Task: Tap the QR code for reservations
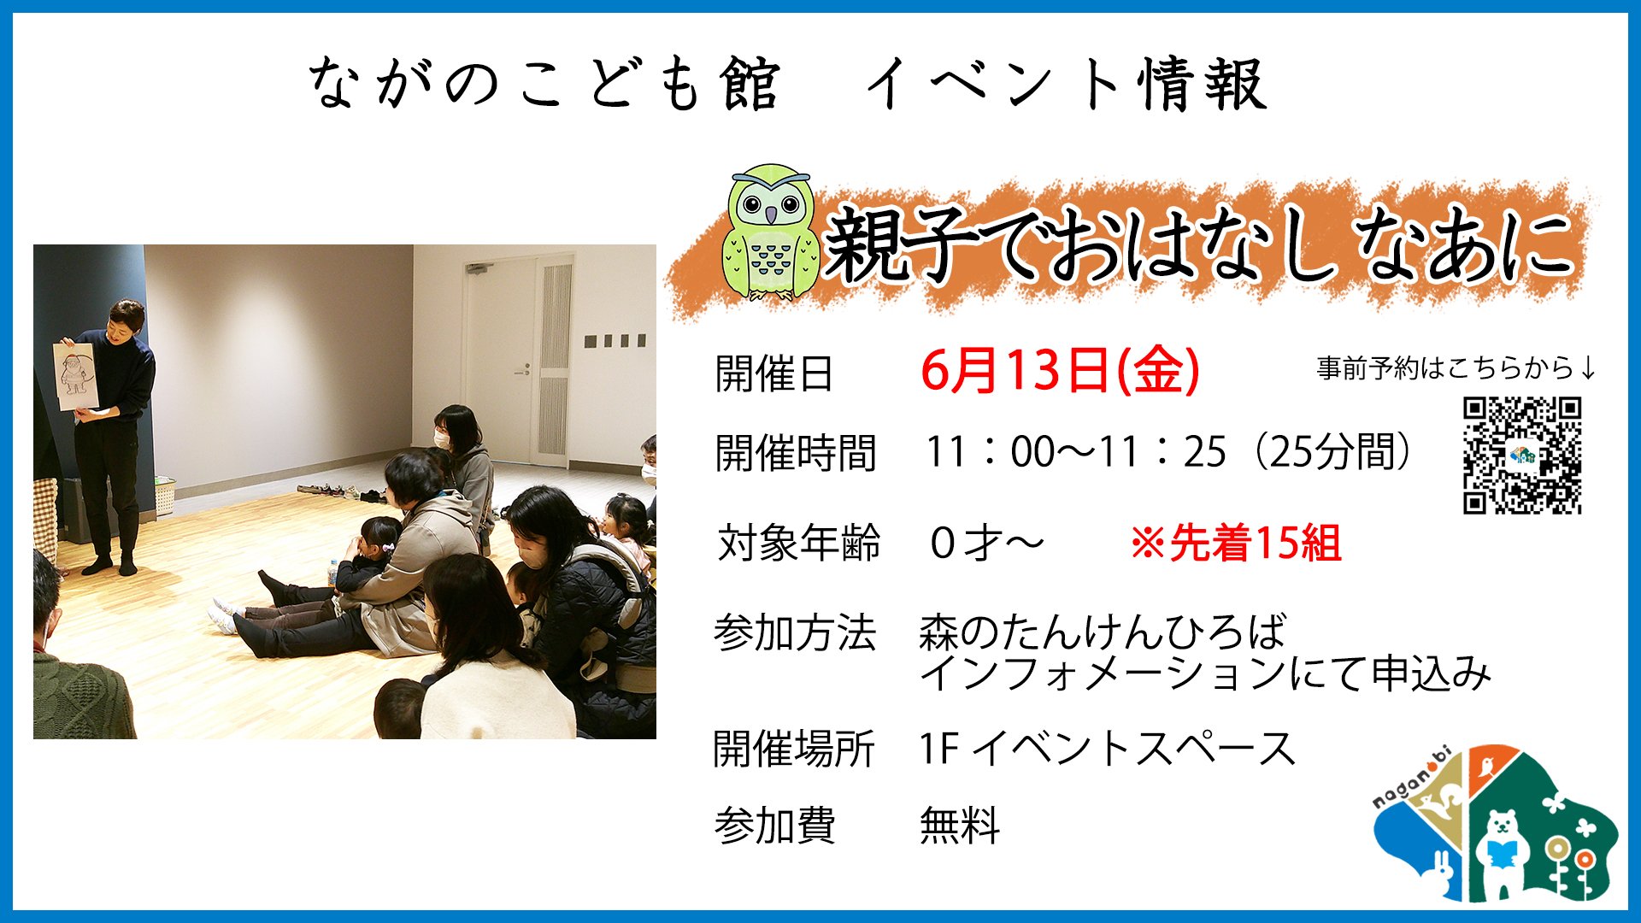click(1522, 456)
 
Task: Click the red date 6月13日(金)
click(1060, 372)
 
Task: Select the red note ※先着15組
click(1236, 543)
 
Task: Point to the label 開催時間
click(796, 453)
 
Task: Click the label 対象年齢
click(798, 543)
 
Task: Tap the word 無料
click(960, 826)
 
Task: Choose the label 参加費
click(775, 826)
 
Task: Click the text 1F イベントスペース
click(1108, 748)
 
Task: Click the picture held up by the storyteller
click(75, 376)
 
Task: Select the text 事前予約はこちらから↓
click(1456, 368)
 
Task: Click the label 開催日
click(774, 373)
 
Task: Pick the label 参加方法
click(795, 633)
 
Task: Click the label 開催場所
click(794, 749)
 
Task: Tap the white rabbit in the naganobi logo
click(1443, 873)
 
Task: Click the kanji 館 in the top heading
click(750, 84)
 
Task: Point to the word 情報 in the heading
click(1201, 84)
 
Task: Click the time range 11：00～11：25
click(1076, 452)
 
